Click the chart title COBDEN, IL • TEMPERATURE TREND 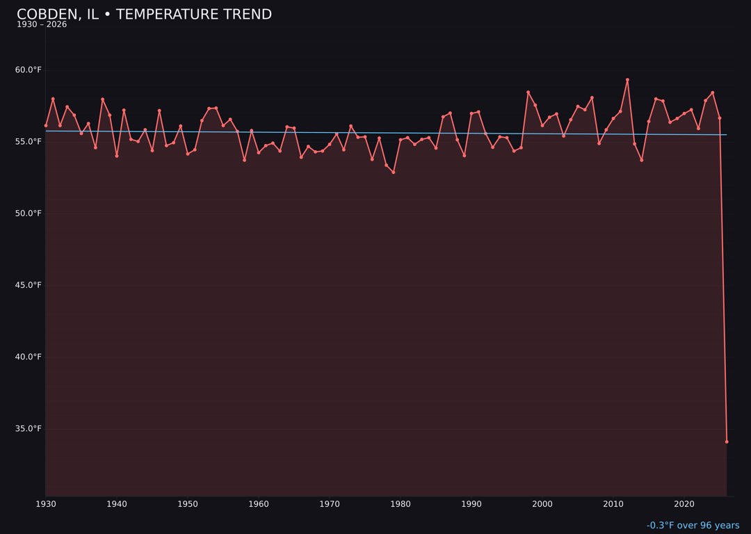144,15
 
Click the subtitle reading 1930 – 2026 42,24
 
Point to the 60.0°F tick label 29,70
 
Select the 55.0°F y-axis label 29,141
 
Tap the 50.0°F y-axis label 29,213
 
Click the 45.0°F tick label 29,285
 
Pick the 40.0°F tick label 29,357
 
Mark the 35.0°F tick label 29,428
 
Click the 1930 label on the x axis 45,503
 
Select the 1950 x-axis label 188,503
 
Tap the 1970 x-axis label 330,503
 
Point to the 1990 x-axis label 471,503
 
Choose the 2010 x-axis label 613,503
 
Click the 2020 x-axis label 684,503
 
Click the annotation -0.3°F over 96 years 693,526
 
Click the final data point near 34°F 727,442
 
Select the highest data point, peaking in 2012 627,79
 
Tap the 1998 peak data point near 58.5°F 528,92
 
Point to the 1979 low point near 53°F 394,172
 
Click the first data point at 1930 46,125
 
